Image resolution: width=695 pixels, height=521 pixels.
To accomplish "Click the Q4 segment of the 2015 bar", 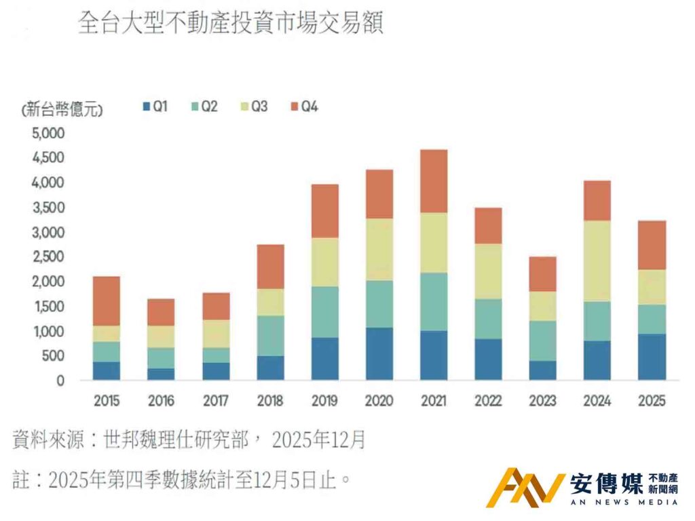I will click(107, 301).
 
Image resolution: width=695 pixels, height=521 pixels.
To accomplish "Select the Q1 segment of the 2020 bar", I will click(379, 353).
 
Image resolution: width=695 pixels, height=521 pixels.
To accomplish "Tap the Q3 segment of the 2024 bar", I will click(597, 260).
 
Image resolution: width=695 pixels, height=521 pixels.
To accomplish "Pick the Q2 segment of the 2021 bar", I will click(434, 301).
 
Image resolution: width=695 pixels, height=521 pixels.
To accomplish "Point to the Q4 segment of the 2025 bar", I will click(652, 245).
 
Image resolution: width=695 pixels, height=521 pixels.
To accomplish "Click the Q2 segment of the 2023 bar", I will click(543, 341).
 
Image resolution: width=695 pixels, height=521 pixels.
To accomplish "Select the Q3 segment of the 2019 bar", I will click(325, 262).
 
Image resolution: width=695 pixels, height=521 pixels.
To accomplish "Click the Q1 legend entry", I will click(155, 107).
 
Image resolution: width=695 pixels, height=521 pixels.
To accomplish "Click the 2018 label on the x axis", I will click(270, 401).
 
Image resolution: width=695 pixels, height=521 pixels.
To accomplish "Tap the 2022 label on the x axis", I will click(488, 401).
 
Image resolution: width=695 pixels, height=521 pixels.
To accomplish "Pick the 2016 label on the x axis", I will click(161, 401).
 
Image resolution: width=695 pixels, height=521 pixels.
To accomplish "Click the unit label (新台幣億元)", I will click(62, 109).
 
